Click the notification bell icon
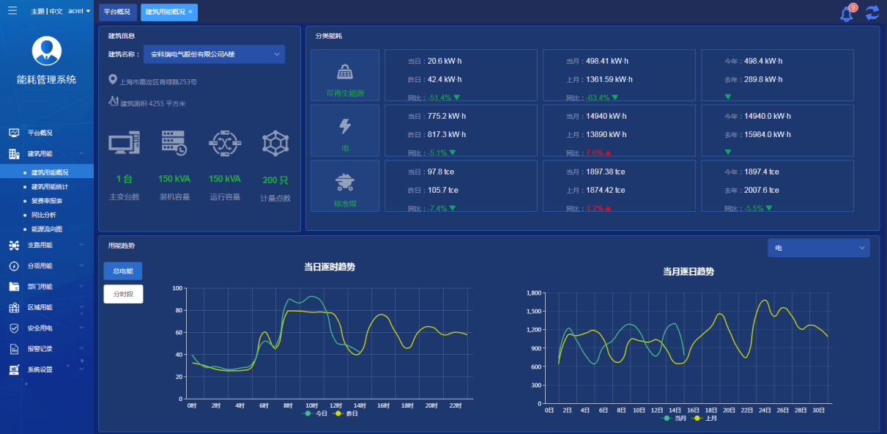click(847, 13)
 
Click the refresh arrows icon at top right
click(872, 12)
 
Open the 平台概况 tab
click(117, 12)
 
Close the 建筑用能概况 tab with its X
click(190, 12)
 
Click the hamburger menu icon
click(12, 11)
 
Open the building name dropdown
click(213, 54)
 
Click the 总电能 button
click(123, 271)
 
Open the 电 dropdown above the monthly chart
click(818, 248)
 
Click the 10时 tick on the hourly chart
click(311, 405)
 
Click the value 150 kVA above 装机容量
click(174, 179)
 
